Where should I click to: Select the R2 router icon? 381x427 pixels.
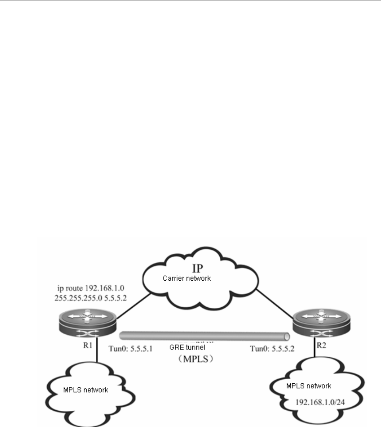322,318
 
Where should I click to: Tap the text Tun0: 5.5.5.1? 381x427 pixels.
130,349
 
